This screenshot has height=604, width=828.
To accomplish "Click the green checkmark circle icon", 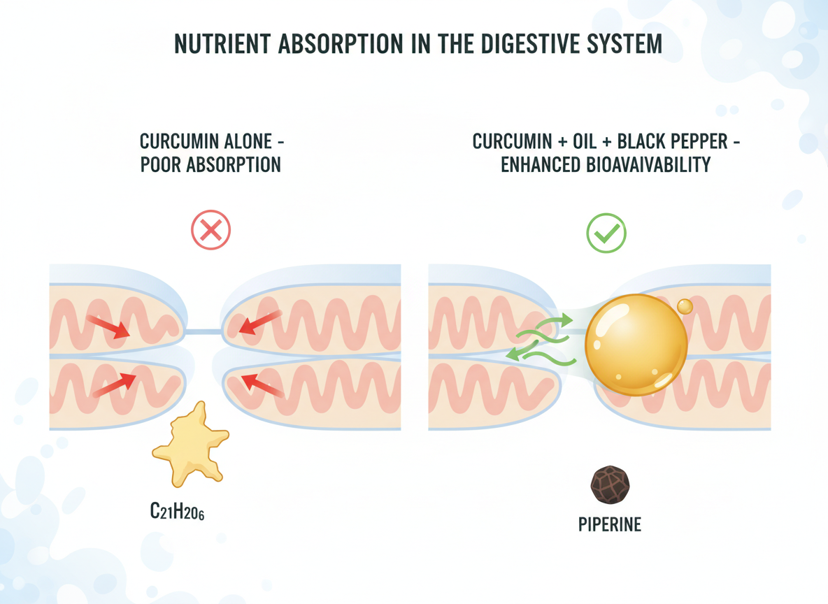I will [x=606, y=233].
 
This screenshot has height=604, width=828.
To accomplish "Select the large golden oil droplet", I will [x=636, y=345].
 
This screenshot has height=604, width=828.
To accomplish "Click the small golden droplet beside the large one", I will [x=685, y=306].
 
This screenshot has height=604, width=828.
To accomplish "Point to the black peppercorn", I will [x=610, y=485].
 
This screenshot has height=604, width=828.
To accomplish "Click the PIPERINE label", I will [x=610, y=524].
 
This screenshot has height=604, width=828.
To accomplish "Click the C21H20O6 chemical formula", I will [x=177, y=512].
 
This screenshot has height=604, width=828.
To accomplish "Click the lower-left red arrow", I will [x=113, y=383].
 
